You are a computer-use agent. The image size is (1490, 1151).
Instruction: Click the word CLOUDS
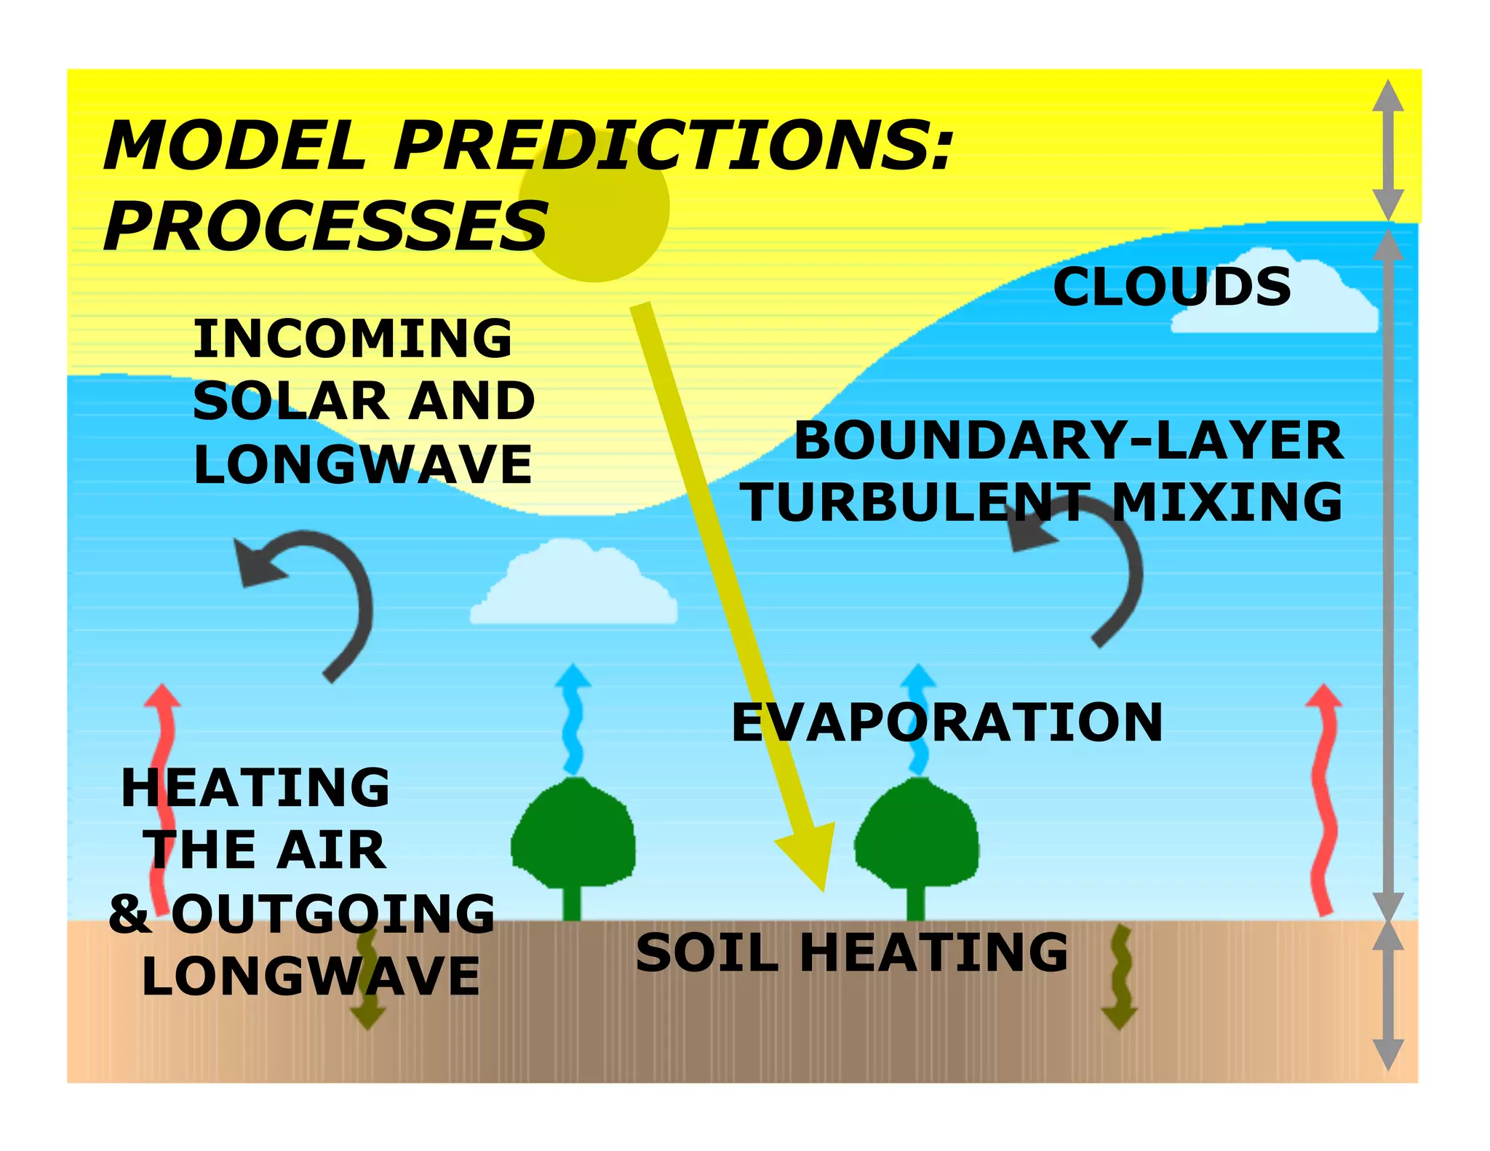(1171, 287)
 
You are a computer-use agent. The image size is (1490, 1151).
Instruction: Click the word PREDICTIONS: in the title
(672, 146)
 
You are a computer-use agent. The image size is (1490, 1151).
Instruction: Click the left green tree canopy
(573, 833)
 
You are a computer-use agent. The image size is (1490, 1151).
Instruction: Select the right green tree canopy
(917, 833)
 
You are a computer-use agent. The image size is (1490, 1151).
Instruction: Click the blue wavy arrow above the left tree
(573, 717)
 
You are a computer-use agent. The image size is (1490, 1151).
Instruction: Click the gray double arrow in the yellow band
(1387, 149)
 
